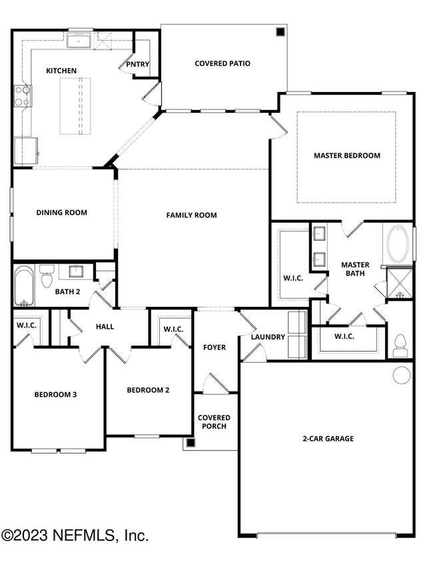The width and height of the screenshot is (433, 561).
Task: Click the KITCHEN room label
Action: (x=61, y=71)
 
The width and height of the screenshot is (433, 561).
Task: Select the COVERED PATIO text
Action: (x=222, y=64)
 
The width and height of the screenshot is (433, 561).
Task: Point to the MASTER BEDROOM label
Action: (x=346, y=155)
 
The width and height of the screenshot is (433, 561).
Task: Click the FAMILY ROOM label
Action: (x=191, y=215)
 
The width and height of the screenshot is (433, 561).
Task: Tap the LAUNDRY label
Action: (x=268, y=337)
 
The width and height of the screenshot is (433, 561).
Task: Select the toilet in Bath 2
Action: (x=47, y=275)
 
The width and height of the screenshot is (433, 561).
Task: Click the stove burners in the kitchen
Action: (x=22, y=95)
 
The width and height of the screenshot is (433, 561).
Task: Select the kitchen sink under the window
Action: (x=79, y=41)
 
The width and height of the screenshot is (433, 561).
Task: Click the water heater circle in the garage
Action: (x=402, y=376)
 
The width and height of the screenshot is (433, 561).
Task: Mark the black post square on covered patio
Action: (x=280, y=31)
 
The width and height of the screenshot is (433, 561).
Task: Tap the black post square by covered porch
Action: (x=191, y=442)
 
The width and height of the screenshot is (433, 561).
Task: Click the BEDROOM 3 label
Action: (x=56, y=394)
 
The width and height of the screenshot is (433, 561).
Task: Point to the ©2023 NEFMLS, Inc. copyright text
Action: (x=75, y=536)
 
